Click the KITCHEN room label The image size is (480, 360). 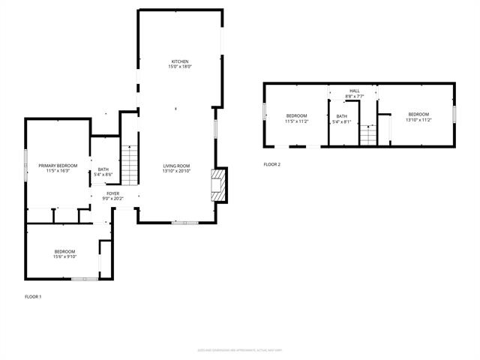point(179,61)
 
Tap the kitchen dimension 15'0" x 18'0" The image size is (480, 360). point(179,67)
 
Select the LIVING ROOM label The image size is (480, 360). point(177,166)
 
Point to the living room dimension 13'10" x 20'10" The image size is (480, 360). point(177,171)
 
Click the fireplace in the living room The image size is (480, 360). point(217,184)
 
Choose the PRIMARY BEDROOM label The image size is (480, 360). point(58,166)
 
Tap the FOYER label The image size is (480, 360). point(112,193)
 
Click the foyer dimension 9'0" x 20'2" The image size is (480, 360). point(112,199)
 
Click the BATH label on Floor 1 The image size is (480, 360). point(103,169)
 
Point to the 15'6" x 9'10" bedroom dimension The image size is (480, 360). point(64,256)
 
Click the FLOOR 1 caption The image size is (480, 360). point(33,297)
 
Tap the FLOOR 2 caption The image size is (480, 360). point(271,164)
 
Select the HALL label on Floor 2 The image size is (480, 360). point(354,91)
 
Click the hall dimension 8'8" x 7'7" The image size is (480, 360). point(354,96)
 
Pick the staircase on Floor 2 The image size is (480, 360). point(367,136)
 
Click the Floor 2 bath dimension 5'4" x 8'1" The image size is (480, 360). point(342,121)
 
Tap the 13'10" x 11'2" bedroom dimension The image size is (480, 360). point(418,119)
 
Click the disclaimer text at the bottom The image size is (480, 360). point(239,349)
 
